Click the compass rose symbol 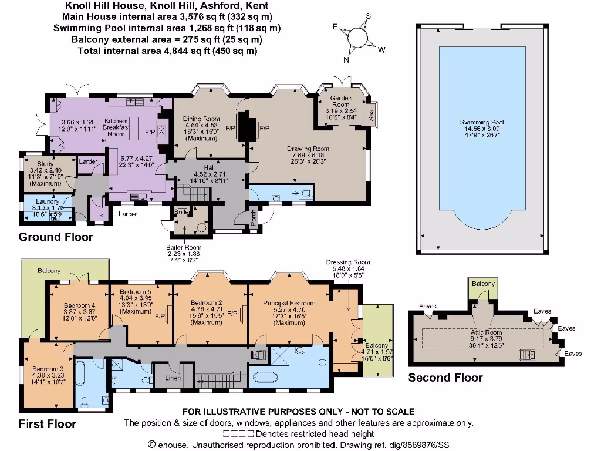click(x=359, y=38)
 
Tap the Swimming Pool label click(x=482, y=123)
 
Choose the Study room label click(x=45, y=164)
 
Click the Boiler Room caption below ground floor click(x=184, y=247)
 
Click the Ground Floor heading click(x=56, y=237)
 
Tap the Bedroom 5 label click(x=136, y=291)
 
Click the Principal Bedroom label click(x=289, y=303)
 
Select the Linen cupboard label click(x=172, y=377)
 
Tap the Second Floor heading click(x=445, y=378)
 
